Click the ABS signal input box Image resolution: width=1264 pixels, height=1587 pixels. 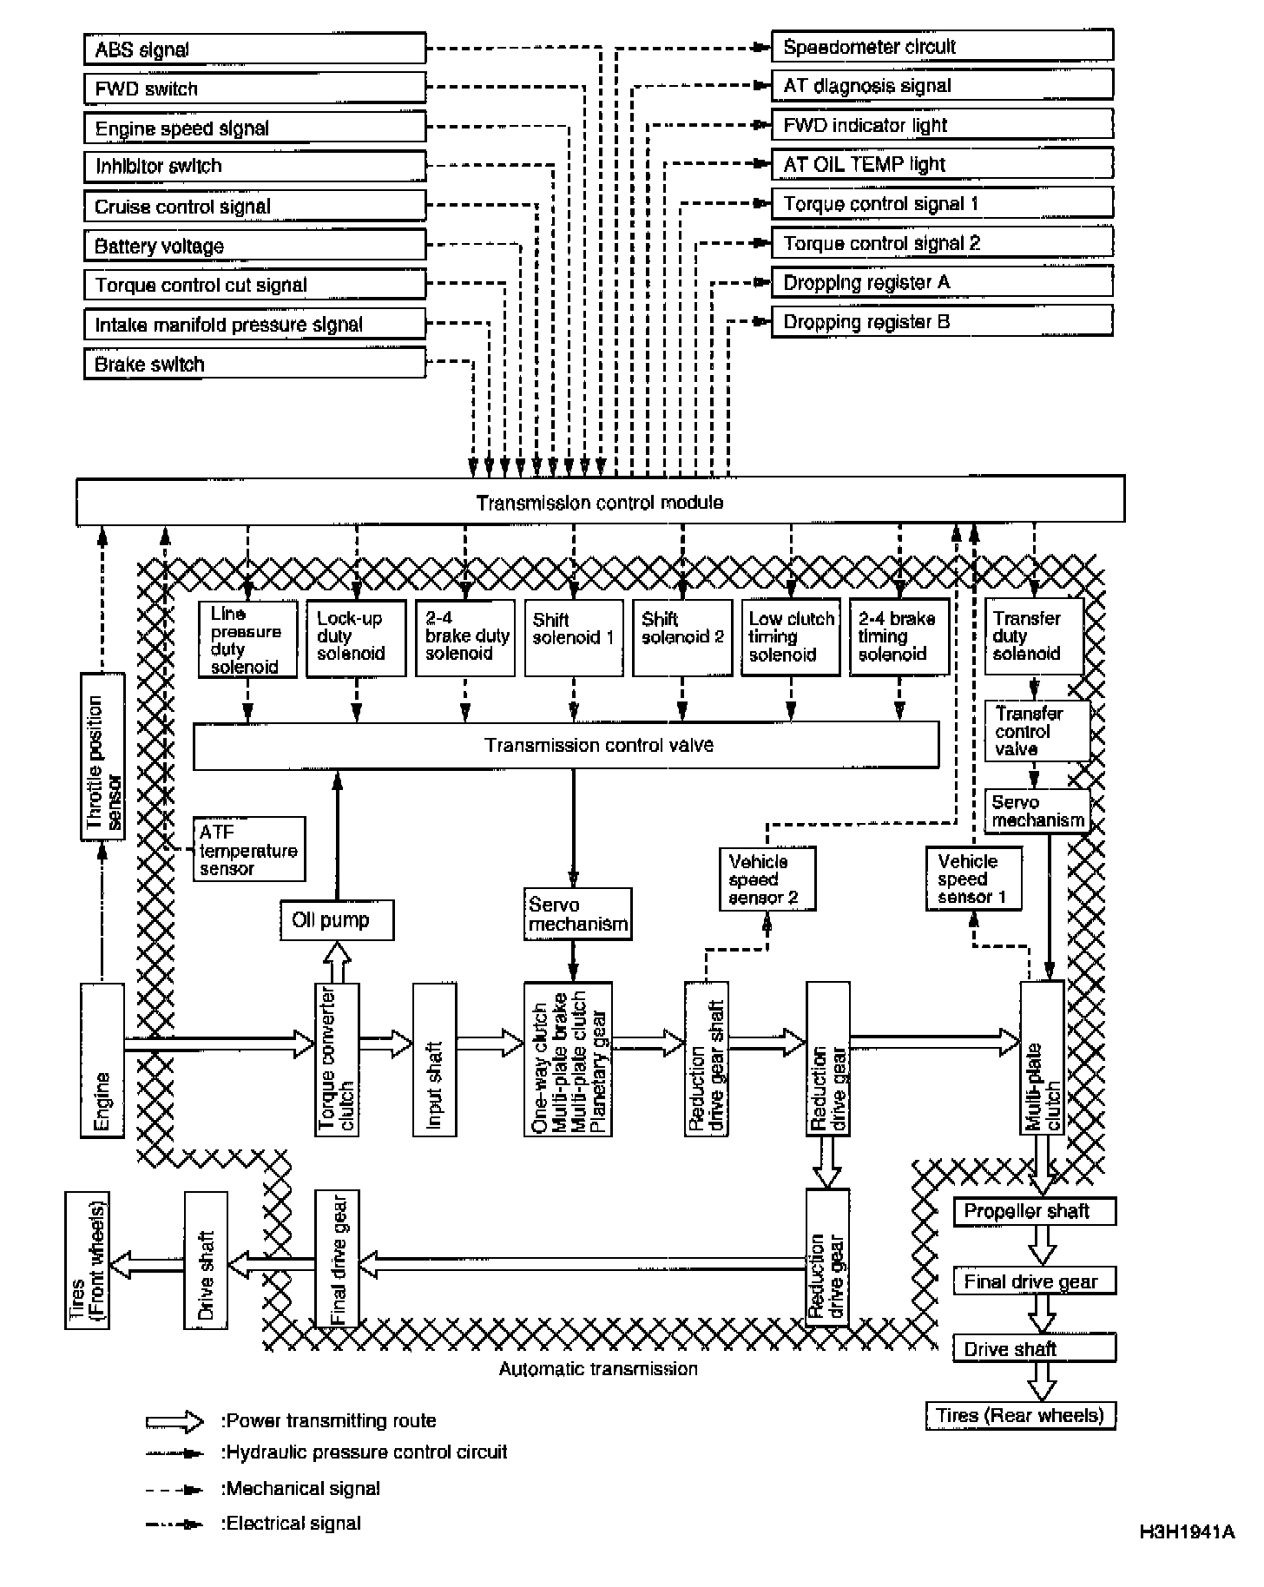coord(254,49)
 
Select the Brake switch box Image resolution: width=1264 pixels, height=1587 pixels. coord(254,364)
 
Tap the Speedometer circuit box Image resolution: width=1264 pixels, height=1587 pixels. coord(942,46)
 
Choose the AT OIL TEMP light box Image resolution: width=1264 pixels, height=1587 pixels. coord(942,164)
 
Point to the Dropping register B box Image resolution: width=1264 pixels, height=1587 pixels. coord(942,321)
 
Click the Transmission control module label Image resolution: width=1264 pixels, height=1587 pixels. coord(599,502)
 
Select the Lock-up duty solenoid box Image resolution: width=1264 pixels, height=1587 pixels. coord(356,637)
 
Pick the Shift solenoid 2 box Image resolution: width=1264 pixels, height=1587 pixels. coord(682,637)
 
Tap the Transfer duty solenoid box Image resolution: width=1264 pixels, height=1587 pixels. coord(1033,636)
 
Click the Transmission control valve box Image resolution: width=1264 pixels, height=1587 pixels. coord(565,745)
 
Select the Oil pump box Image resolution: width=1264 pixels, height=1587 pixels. coord(336,920)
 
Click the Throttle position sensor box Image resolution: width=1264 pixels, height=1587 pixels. coord(103,756)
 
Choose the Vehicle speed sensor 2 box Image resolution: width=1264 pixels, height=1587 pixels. coord(767,879)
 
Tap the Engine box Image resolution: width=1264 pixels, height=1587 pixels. coord(102,1059)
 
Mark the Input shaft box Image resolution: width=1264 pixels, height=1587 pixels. coord(434,1059)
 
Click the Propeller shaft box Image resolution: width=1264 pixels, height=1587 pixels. coord(1034,1211)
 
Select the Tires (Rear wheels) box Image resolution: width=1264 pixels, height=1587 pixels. coord(1020,1416)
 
